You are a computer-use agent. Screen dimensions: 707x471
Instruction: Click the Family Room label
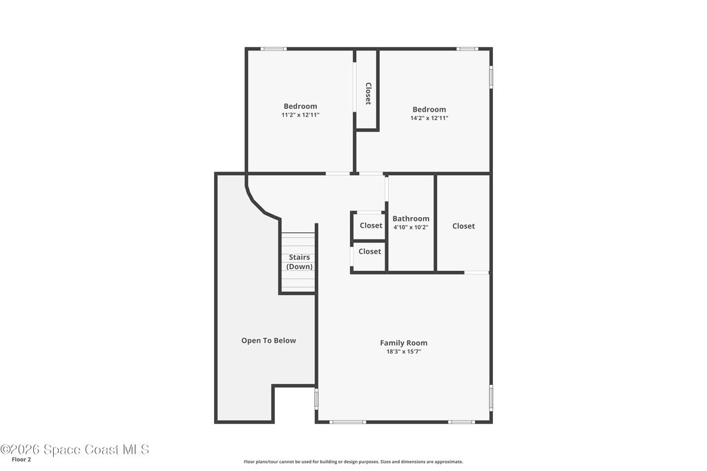[x=403, y=343]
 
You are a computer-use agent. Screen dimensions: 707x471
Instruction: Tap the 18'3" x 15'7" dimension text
[x=403, y=352]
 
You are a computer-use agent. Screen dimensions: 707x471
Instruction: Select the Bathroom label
[x=411, y=219]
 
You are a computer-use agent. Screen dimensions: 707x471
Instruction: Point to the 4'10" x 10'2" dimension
[x=411, y=228]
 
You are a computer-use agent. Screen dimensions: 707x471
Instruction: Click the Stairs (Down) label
[x=300, y=261]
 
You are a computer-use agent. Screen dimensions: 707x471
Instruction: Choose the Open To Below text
[x=269, y=341]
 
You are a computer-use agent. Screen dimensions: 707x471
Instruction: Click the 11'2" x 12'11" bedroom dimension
[x=300, y=115]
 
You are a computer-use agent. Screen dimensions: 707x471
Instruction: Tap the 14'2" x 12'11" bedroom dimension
[x=429, y=118]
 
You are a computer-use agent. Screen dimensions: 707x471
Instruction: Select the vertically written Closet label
[x=368, y=94]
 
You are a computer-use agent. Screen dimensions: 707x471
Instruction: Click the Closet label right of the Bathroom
[x=463, y=226]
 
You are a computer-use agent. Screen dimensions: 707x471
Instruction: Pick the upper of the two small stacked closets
[x=369, y=226]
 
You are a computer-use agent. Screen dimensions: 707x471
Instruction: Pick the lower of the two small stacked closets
[x=369, y=257]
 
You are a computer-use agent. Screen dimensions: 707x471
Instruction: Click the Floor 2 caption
[x=21, y=460]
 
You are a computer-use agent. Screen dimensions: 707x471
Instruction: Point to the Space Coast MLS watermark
[x=75, y=450]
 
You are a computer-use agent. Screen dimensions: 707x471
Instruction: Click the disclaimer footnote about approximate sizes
[x=353, y=461]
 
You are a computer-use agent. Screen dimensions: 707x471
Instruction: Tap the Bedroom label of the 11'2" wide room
[x=300, y=106]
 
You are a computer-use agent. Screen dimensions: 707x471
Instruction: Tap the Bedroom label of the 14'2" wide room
[x=429, y=110]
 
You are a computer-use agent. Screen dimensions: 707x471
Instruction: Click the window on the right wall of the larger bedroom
[x=491, y=76]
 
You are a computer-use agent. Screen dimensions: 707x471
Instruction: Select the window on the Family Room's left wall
[x=316, y=398]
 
